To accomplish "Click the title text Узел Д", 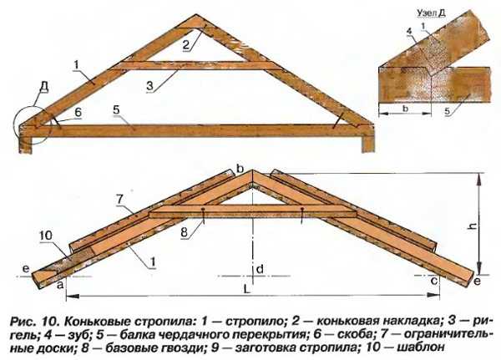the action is (x=431, y=13).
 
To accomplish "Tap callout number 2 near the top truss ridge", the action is (x=186, y=45).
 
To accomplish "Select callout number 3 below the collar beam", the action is (x=151, y=86).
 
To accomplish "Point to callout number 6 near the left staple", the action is (x=78, y=112).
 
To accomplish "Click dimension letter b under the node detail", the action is (x=406, y=109).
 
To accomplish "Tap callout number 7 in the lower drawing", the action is (x=119, y=199).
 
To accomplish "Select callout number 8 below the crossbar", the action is (x=184, y=232).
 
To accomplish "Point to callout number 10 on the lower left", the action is (x=46, y=236).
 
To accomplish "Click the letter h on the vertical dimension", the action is (x=473, y=226).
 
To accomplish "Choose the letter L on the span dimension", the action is (x=246, y=289).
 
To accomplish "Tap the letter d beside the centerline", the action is (x=260, y=269).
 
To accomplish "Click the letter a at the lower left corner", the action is (x=60, y=285).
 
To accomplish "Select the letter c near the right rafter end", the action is (x=434, y=281).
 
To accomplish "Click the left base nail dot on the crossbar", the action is (x=203, y=210).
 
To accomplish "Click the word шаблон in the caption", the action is (x=421, y=347).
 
